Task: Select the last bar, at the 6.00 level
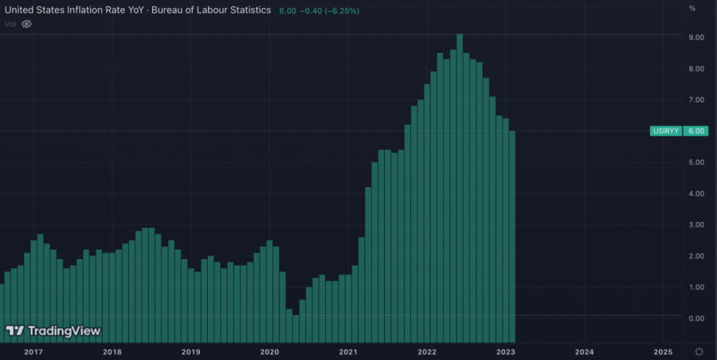pyautogui.click(x=512, y=223)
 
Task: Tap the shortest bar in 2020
pyautogui.click(x=296, y=316)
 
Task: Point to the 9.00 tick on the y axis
pyautogui.click(x=695, y=37)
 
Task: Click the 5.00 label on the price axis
pyautogui.click(x=695, y=162)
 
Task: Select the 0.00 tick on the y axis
pyautogui.click(x=695, y=319)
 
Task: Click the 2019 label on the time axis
pyautogui.click(x=190, y=351)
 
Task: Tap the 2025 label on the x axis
pyautogui.click(x=663, y=351)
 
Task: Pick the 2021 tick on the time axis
pyautogui.click(x=347, y=351)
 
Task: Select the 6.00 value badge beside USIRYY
pyautogui.click(x=696, y=131)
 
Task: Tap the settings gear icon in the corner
pyautogui.click(x=699, y=351)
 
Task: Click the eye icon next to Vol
pyautogui.click(x=26, y=24)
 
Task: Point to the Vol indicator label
pyautogui.click(x=10, y=24)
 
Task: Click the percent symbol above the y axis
pyautogui.click(x=692, y=8)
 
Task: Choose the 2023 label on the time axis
pyautogui.click(x=505, y=351)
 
